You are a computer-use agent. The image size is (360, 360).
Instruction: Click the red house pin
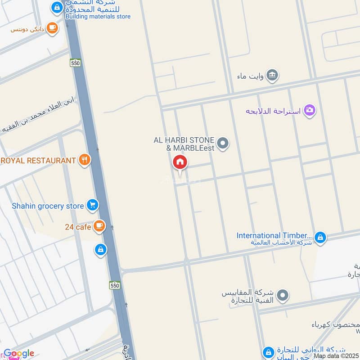tap(180, 162)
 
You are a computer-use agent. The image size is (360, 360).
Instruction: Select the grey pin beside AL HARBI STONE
tap(223, 144)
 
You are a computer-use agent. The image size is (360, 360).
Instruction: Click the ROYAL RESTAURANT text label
tap(38, 161)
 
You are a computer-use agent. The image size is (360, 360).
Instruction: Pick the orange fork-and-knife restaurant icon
tap(84, 160)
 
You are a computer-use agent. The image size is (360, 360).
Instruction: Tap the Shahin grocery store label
tap(48, 206)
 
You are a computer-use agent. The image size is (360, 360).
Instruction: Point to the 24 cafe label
tap(77, 227)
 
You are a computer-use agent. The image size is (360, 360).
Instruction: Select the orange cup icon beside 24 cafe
tap(99, 226)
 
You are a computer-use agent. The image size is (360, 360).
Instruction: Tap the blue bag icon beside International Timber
tap(320, 237)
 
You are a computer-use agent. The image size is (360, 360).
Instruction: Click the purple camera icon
tap(309, 110)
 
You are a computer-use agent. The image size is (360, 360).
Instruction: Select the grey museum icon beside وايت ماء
tap(272, 75)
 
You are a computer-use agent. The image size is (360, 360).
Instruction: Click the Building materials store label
tap(98, 17)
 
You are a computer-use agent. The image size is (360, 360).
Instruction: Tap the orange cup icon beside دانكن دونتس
tap(53, 28)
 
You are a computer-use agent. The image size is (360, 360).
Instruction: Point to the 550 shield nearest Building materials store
tap(75, 63)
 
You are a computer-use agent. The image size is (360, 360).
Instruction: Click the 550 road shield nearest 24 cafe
tap(114, 285)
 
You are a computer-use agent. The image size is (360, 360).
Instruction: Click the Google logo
tap(19, 354)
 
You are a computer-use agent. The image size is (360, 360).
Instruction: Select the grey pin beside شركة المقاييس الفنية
tap(283, 295)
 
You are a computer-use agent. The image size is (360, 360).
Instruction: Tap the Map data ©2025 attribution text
tap(336, 356)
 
